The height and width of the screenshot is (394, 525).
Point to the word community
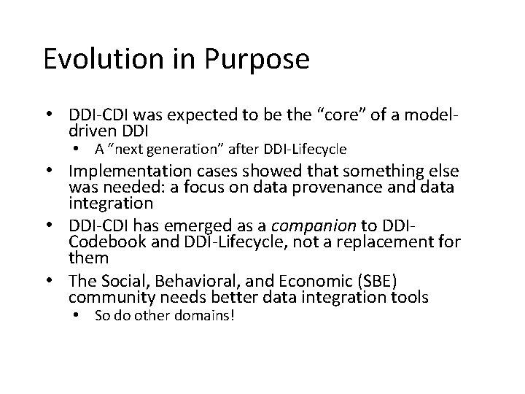(x=106, y=298)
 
